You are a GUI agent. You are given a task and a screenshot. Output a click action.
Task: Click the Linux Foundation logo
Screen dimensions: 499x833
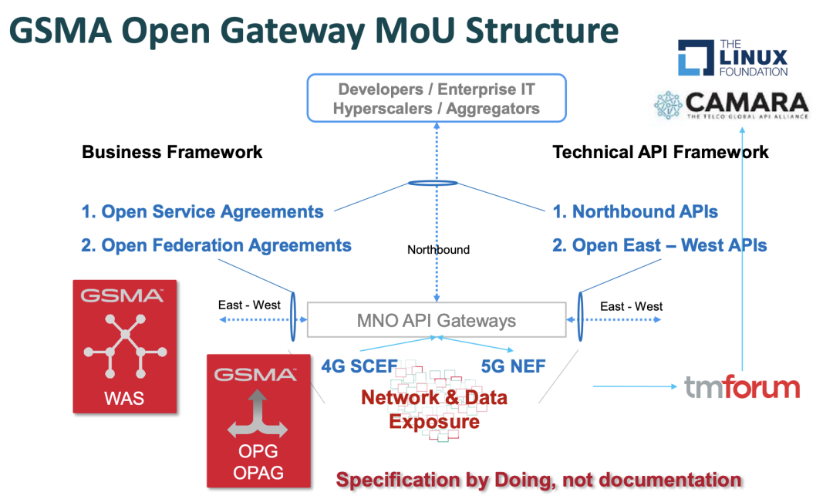(732, 58)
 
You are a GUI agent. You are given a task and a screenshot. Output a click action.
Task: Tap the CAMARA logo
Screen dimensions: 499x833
(730, 105)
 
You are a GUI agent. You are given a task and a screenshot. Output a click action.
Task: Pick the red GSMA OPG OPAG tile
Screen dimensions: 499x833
(258, 420)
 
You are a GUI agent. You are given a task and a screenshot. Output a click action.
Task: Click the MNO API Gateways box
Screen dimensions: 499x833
(436, 320)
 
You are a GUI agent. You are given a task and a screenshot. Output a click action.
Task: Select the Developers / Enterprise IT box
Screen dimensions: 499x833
(437, 98)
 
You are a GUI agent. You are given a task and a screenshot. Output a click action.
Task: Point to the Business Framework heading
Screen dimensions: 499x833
(172, 152)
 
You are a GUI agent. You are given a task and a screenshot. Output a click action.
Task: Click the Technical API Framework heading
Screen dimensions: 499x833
(660, 152)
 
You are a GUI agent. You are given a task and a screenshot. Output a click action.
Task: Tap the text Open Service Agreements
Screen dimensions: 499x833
(211, 211)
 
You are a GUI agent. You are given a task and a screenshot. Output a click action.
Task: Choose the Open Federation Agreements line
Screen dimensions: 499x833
(226, 245)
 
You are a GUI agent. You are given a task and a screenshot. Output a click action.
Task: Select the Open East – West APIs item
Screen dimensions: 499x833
(669, 245)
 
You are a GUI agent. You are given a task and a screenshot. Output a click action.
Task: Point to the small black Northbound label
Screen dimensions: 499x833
(438, 249)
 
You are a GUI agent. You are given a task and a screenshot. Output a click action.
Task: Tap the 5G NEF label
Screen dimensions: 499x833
(513, 366)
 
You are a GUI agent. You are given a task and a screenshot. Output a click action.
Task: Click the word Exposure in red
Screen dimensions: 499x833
(433, 422)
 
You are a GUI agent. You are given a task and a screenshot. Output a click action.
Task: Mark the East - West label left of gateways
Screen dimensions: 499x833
(249, 305)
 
